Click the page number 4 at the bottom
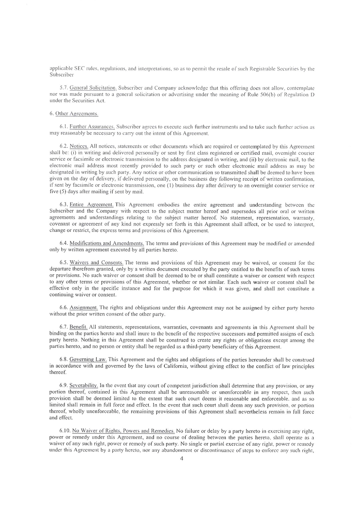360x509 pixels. [x=182, y=459]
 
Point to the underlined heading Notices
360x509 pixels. [x=78, y=147]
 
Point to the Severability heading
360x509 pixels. [x=84, y=385]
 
